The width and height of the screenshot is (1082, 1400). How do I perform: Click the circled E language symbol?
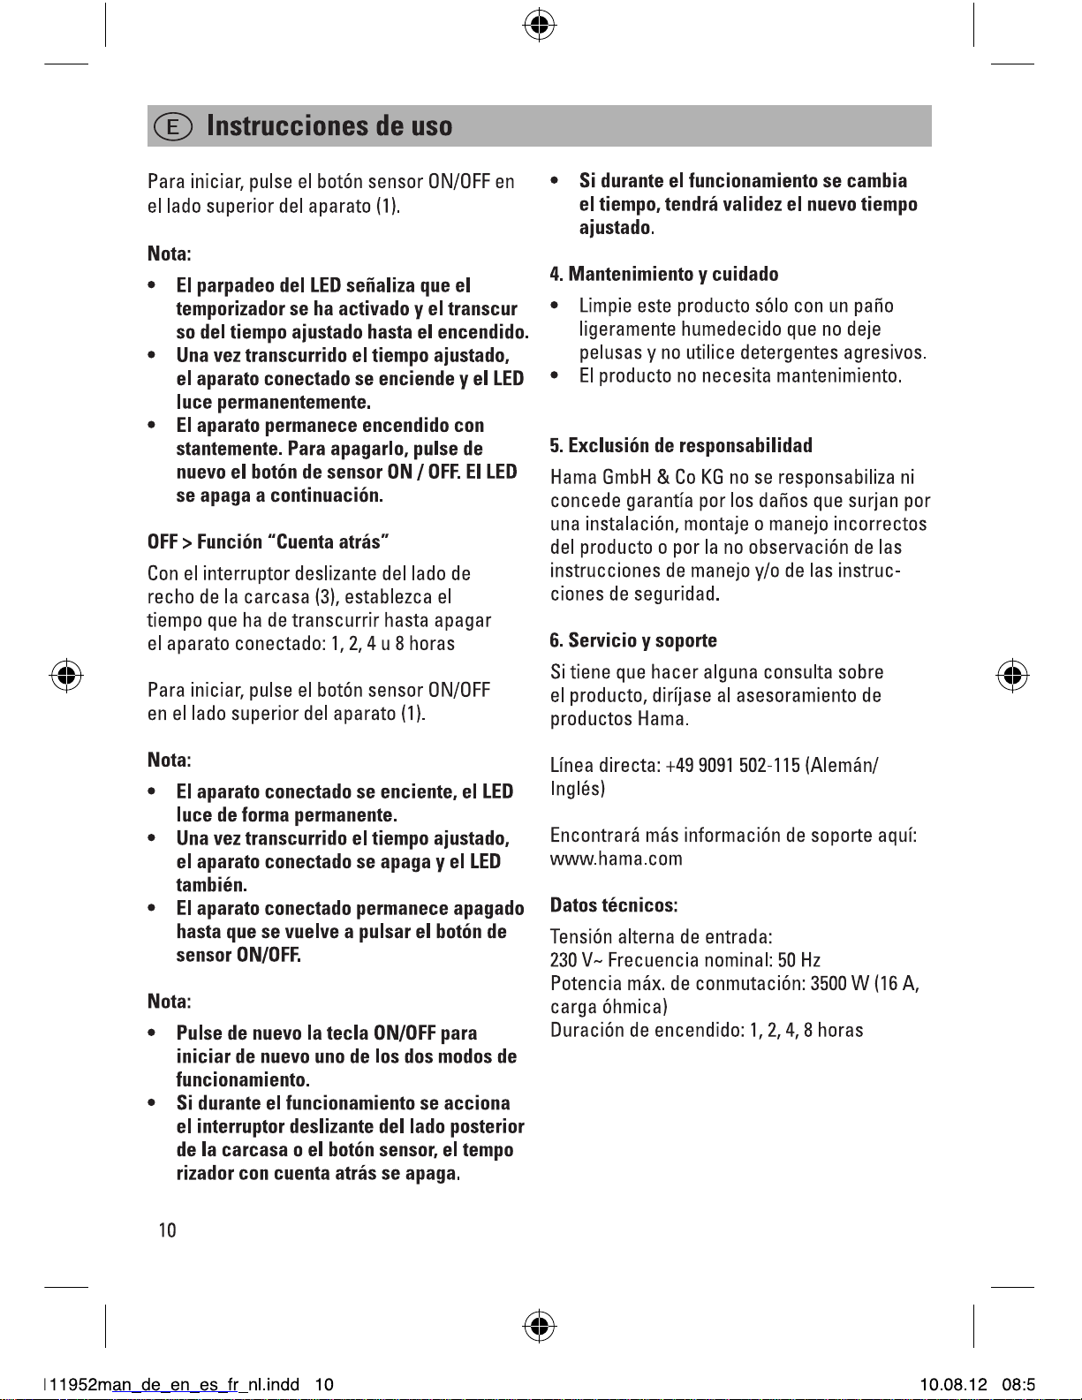click(x=173, y=127)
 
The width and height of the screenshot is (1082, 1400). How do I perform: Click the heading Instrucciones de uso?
click(x=329, y=126)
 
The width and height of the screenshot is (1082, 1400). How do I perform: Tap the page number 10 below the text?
click(x=167, y=1230)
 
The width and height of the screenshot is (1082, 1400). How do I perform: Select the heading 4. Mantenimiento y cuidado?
click(x=664, y=274)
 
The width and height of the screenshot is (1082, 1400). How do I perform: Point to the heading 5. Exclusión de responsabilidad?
click(x=681, y=445)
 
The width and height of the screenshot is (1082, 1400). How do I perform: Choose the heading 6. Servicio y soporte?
click(x=633, y=640)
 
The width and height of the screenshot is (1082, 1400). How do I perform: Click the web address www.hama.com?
click(x=616, y=859)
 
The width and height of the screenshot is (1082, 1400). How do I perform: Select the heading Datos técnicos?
click(x=614, y=905)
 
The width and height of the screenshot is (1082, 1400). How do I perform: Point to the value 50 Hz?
click(x=799, y=960)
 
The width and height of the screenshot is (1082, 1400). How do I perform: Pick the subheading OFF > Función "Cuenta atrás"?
click(x=269, y=541)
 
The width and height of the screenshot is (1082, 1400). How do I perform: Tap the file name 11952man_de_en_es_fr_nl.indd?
click(x=174, y=1384)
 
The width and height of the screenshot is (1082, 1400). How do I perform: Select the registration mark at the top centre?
click(x=539, y=26)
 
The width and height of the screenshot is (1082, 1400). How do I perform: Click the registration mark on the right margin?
click(x=1014, y=677)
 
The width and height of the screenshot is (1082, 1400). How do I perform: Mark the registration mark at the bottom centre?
click(x=539, y=1326)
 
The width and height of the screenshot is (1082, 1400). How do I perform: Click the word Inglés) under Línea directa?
click(x=578, y=788)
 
